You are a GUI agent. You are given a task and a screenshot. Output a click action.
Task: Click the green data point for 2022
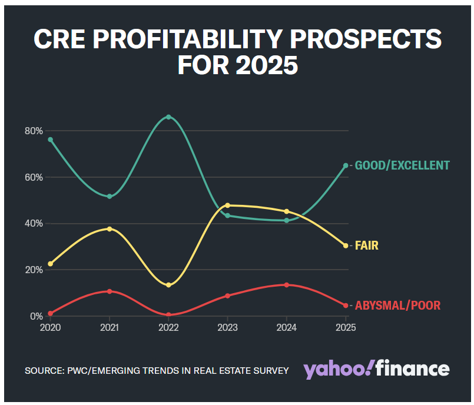[x=168, y=117]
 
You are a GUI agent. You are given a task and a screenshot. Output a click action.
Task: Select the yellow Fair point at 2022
[x=168, y=285]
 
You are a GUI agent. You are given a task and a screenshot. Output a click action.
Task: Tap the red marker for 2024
[x=287, y=285]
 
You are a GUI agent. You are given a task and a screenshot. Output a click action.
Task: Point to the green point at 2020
[x=51, y=140]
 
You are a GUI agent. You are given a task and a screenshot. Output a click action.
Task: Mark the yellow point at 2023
[x=228, y=205]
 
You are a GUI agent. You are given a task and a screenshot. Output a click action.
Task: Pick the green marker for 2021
[x=110, y=197]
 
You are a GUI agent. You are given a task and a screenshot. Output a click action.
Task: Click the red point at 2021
[x=110, y=291]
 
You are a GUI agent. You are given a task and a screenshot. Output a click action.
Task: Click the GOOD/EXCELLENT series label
[x=402, y=165]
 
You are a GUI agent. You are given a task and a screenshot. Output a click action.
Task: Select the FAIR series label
[x=366, y=245]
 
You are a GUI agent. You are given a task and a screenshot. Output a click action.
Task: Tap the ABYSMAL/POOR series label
[x=397, y=306]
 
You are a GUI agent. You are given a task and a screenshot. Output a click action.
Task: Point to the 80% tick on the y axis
[x=34, y=131]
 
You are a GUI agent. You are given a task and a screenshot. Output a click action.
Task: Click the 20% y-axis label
[x=34, y=270]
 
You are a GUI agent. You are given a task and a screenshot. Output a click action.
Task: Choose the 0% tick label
[x=37, y=317]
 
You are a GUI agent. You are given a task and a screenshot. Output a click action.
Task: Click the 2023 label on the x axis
[x=228, y=328]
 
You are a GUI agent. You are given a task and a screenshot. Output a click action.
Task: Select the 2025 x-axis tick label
[x=346, y=328]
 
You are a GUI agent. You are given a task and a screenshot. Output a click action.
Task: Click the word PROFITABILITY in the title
[x=188, y=39]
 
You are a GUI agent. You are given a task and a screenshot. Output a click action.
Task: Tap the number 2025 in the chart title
[x=267, y=65]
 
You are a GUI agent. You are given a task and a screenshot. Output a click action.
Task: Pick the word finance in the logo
[x=413, y=368]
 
